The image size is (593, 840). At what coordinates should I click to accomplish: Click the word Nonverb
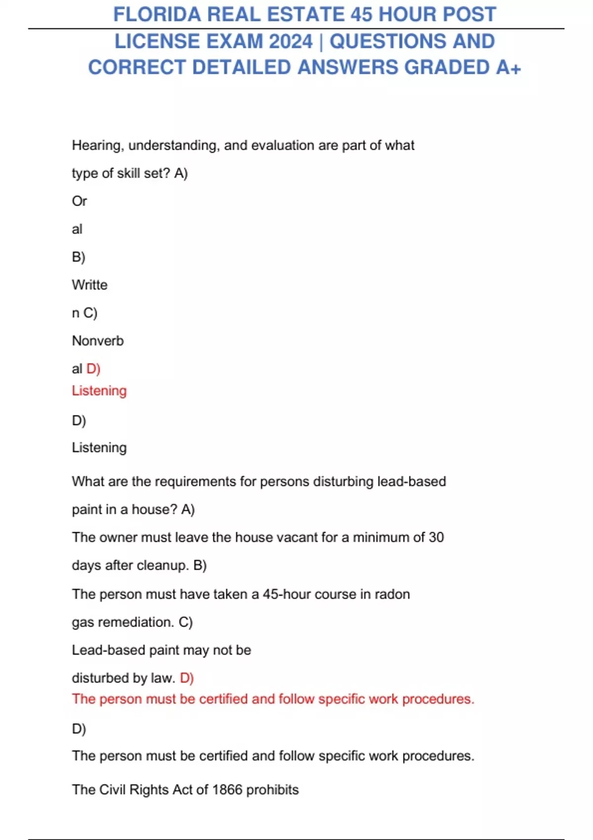click(x=98, y=341)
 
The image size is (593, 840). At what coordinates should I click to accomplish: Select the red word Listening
click(x=99, y=391)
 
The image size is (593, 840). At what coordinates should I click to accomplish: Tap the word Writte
click(x=89, y=285)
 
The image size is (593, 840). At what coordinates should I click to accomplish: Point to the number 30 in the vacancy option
click(x=436, y=538)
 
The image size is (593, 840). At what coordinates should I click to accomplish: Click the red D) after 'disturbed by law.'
click(x=187, y=678)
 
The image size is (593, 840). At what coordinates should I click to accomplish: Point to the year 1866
click(x=227, y=790)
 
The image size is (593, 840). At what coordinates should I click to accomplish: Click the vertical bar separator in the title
click(x=321, y=42)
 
